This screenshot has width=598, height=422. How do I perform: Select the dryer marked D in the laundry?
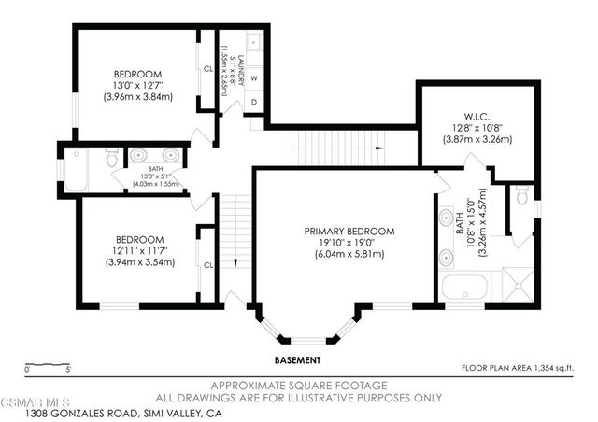[253, 101]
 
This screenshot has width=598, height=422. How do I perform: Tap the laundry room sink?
[254, 42]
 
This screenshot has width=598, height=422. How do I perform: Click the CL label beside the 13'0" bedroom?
[207, 68]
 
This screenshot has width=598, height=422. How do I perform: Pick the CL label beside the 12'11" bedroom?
[207, 264]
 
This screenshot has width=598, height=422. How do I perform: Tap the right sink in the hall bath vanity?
[169, 155]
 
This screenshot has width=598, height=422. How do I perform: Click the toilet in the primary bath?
[522, 195]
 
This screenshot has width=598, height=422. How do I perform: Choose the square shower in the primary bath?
[518, 283]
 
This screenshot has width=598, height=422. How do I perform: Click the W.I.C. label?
[477, 118]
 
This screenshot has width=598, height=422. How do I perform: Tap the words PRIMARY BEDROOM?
[349, 231]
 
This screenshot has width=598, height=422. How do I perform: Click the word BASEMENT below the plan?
[298, 359]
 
